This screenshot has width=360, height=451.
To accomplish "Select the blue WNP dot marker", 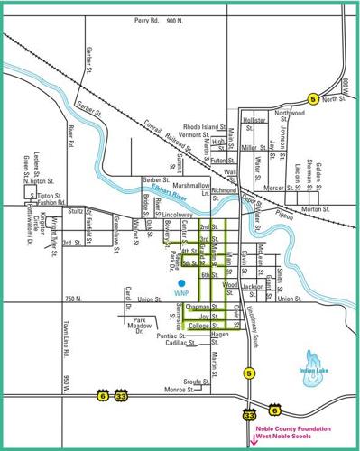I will (x=181, y=283).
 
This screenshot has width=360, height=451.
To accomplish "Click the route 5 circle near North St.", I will (x=313, y=99).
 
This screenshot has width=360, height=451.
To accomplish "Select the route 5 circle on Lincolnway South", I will (x=247, y=372).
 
